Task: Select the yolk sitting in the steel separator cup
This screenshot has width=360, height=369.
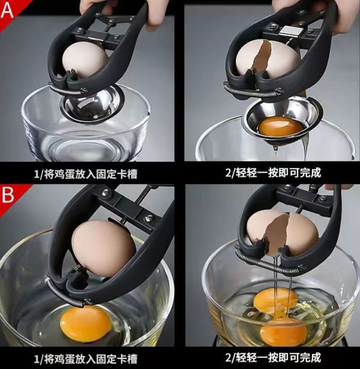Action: tap(280, 127)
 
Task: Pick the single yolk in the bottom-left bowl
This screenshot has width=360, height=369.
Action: tap(86, 323)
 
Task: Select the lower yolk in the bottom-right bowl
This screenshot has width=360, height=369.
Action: tap(284, 332)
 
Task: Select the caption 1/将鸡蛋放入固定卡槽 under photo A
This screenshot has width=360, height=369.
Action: tap(86, 174)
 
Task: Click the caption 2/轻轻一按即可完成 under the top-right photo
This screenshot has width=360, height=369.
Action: tap(273, 173)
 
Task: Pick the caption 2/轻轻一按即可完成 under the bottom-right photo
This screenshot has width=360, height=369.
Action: tap(273, 358)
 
